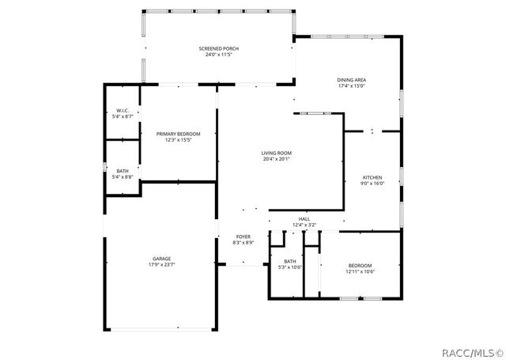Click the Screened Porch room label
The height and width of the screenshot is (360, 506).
click(218, 49)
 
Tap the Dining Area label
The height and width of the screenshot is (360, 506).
click(351, 80)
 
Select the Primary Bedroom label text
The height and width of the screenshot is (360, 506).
click(178, 135)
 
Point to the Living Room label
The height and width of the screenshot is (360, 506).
click(277, 153)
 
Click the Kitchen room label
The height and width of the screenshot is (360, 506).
click(372, 177)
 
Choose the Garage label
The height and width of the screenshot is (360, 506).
click(162, 259)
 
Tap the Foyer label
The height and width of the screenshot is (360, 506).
click(243, 237)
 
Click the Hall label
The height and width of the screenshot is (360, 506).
click(304, 219)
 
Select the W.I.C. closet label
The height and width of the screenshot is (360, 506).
click(123, 111)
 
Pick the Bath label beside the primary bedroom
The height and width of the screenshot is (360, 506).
click(123, 171)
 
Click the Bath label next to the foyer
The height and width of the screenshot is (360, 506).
click(290, 261)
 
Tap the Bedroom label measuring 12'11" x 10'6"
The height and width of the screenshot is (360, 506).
click(360, 265)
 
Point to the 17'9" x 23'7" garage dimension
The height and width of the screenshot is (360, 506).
click(162, 264)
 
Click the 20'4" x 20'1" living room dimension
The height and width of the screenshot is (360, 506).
click(277, 159)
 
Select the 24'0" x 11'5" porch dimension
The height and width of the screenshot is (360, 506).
click(218, 55)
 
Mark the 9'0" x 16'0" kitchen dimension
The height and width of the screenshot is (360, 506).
click(372, 184)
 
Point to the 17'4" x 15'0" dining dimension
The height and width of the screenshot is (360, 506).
click(351, 86)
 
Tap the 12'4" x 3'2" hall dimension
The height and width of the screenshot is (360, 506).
click(304, 225)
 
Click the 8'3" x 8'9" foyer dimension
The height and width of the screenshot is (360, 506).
click(243, 243)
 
